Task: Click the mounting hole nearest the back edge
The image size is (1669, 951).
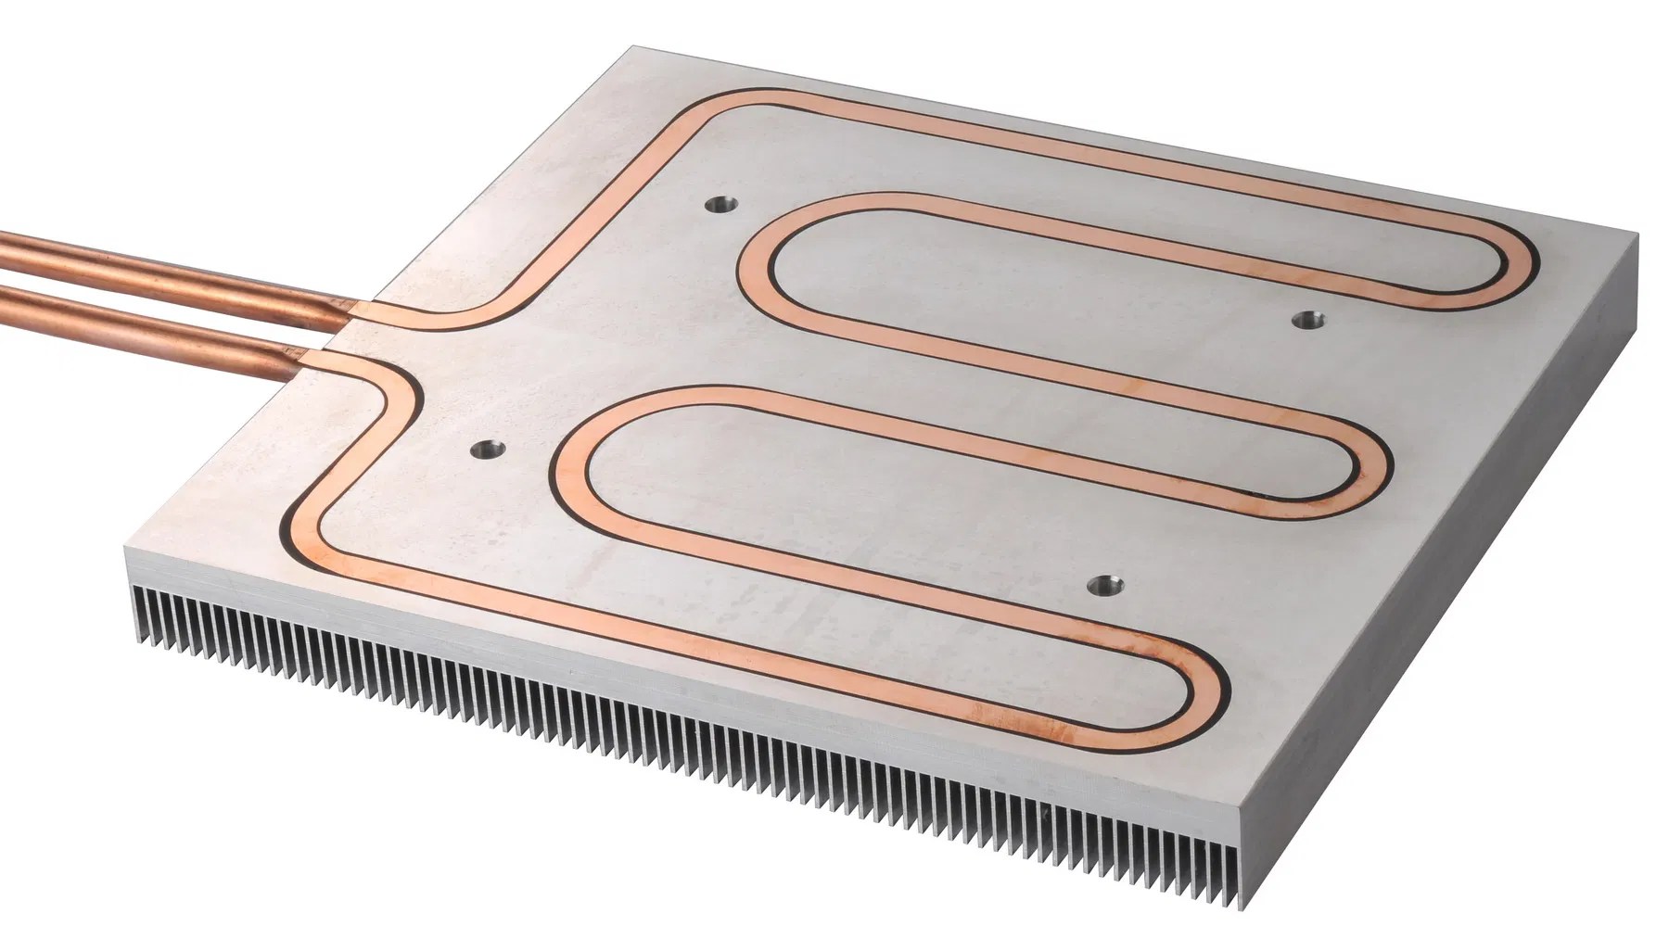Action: coord(719,203)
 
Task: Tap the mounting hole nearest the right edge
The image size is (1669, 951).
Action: coord(1308,319)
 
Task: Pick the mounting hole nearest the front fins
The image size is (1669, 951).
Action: coord(1102,584)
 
